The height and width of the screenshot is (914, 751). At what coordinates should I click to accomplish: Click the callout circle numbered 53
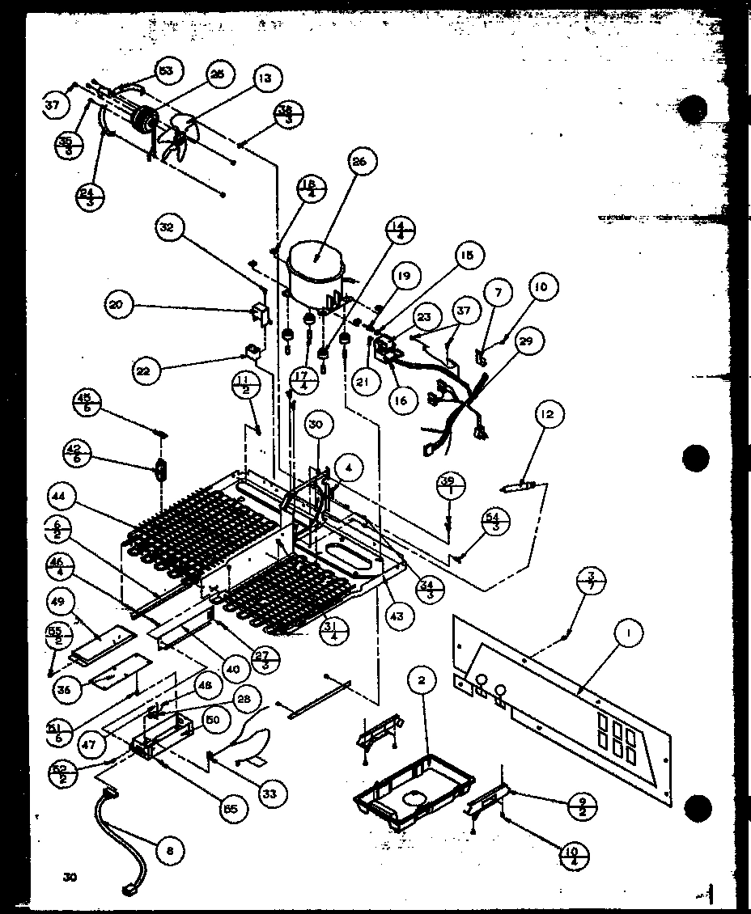(166, 71)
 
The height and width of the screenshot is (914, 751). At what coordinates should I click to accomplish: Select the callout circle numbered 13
(265, 78)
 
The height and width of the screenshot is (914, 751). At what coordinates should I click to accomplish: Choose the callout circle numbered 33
(269, 794)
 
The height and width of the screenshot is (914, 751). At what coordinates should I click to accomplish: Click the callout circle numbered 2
(422, 680)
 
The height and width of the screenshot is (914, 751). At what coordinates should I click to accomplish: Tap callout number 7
(499, 291)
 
